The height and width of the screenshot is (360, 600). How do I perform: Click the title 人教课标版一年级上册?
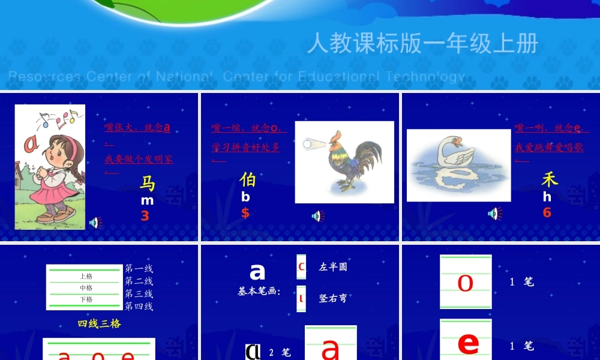coord(423,44)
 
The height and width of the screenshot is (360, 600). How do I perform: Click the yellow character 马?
coord(148,183)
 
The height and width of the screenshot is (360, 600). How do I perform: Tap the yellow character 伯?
coord(247,179)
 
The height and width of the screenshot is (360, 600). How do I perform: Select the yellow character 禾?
coord(549,179)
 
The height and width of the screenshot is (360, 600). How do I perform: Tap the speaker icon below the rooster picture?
coord(318,216)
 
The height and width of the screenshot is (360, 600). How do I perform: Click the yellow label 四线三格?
coord(99,323)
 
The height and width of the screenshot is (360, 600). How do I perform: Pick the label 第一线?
coord(139,269)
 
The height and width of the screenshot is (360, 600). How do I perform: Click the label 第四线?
coord(139,307)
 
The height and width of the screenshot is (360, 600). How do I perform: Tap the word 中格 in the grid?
coord(86,288)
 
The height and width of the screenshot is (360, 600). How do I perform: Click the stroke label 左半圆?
coord(333,267)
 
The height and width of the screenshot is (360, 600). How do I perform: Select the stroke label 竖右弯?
coord(333,298)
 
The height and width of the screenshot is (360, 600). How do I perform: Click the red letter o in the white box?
coord(466,283)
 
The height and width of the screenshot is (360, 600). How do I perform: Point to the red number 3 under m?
coord(145,216)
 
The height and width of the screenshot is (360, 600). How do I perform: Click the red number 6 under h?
coord(547,212)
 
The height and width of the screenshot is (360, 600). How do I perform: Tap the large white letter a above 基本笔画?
coord(257,272)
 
